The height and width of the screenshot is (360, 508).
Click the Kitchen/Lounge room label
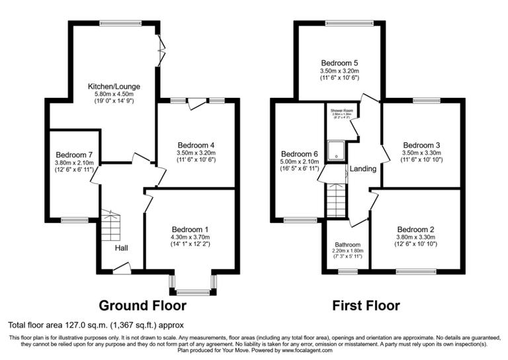114,87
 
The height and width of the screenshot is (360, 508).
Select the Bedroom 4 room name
196,145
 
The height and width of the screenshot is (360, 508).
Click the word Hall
121,248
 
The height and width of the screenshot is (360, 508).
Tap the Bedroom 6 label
299,154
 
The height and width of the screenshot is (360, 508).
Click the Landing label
362,169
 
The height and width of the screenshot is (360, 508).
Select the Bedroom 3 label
421,145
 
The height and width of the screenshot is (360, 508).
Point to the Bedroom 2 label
416,230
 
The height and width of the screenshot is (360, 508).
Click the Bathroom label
347,244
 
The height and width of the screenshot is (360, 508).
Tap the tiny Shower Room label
337,111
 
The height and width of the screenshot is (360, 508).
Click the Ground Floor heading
142,306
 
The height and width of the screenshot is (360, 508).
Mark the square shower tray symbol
337,151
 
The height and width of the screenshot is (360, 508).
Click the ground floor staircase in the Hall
110,229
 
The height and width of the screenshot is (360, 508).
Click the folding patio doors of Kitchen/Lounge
161,50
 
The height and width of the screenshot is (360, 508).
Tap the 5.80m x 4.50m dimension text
114,95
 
